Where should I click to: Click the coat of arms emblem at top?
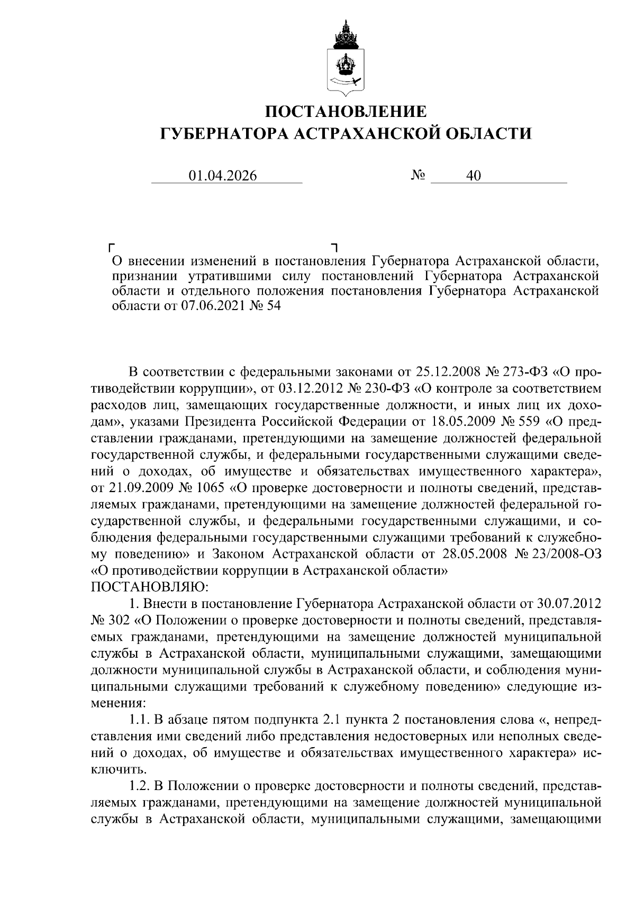346,58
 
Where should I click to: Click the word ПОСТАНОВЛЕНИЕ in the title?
346,112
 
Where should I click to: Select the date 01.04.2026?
223,176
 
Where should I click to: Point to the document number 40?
473,176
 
